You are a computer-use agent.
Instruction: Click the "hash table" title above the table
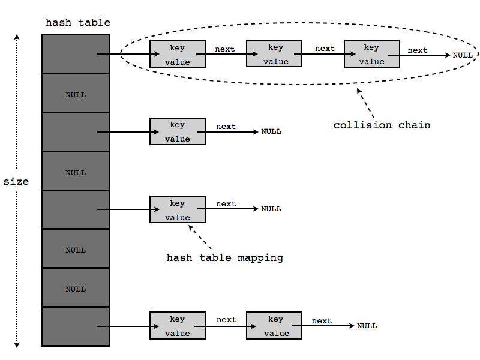pos(78,23)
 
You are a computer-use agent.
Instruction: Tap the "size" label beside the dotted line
pos(16,181)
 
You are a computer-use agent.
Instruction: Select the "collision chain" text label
pos(382,125)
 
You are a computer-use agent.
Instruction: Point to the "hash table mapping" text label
pos(224,258)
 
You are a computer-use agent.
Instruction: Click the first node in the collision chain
pos(178,55)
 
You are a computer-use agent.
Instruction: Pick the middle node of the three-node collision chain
pos(275,55)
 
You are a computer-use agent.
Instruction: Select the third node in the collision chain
pos(371,55)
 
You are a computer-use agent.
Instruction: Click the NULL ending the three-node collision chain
pos(463,55)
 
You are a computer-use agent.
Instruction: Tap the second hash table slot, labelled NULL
pos(76,94)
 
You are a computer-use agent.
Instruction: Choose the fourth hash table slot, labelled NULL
pos(76,172)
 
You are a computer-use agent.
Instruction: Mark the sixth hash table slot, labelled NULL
pos(76,250)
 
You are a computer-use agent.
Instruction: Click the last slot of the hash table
pos(76,327)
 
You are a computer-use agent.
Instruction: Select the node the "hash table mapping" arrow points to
pos(178,210)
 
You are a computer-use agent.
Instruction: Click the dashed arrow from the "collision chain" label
pos(365,102)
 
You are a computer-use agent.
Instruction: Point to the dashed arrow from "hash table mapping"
pos(201,236)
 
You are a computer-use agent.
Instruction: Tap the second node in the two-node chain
pos(275,326)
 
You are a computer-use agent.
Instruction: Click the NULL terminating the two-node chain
pos(367,326)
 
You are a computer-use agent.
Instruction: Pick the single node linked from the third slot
pos(178,131)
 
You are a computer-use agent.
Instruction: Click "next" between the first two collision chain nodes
pos(225,49)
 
